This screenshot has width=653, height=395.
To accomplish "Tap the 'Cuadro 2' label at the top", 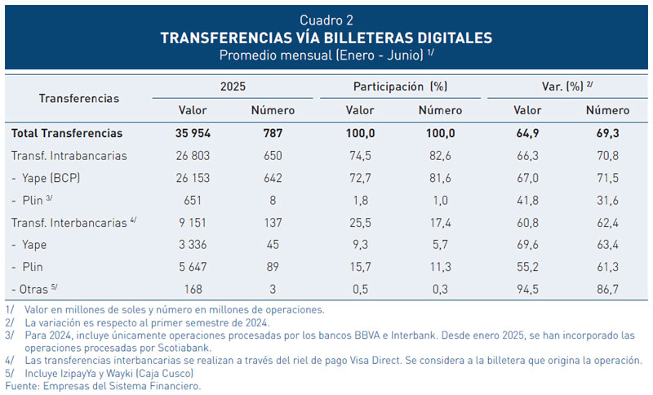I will [326, 20].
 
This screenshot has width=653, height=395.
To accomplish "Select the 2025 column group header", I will [233, 86].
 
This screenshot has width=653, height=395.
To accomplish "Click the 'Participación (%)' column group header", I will [400, 86].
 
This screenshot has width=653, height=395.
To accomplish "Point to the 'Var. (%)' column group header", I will [566, 86].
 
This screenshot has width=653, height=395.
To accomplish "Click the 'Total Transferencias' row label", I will [67, 133].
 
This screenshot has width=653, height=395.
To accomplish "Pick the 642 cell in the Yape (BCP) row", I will [273, 177].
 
